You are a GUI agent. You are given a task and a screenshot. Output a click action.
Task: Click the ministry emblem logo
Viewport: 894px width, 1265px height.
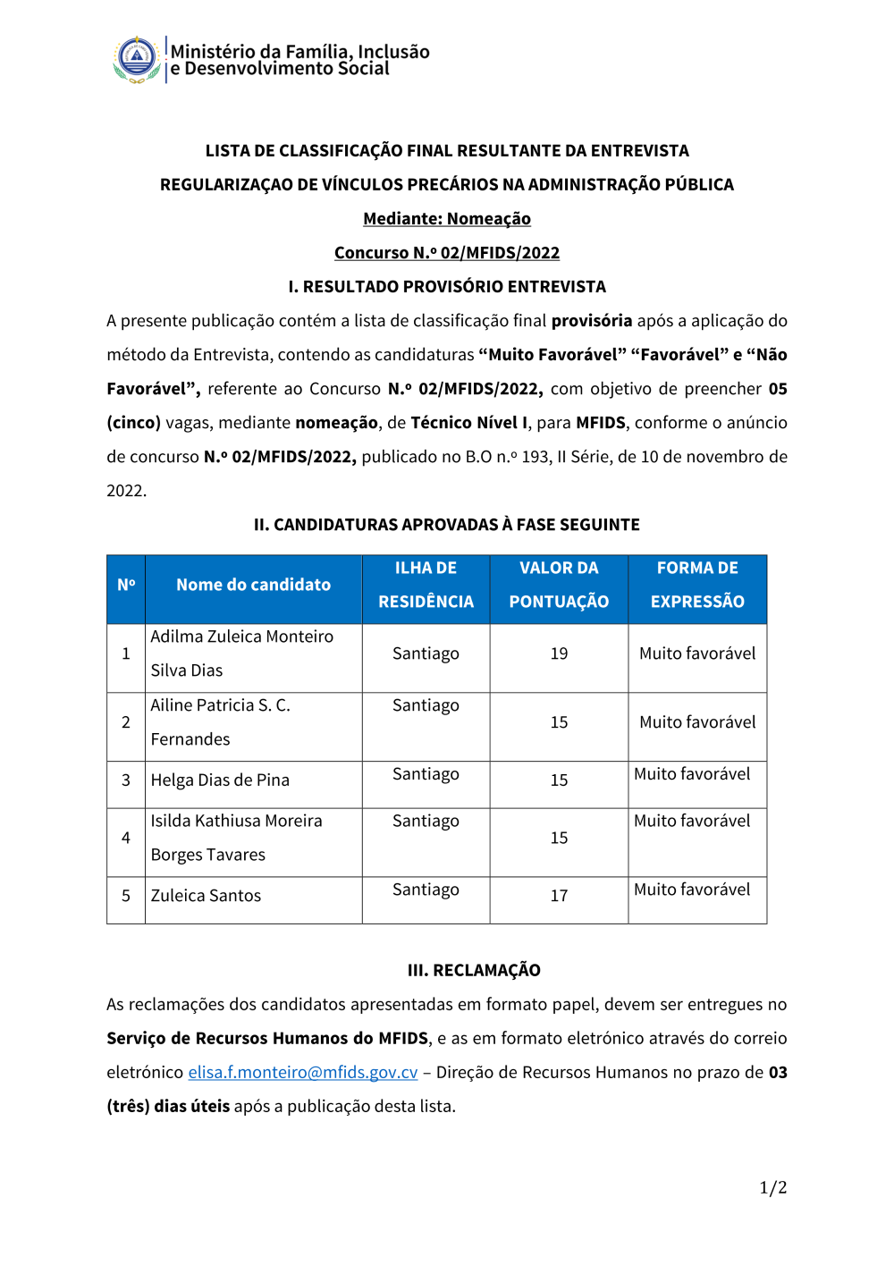137,60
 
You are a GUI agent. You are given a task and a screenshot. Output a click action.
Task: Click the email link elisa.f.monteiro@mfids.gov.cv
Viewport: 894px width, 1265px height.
302,1072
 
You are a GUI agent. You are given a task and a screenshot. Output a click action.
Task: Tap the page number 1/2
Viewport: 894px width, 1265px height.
772,1187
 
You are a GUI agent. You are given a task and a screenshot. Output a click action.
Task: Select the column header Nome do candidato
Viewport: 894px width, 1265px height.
253,585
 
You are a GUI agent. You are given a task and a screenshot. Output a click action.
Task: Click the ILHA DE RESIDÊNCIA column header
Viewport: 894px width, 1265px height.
426,585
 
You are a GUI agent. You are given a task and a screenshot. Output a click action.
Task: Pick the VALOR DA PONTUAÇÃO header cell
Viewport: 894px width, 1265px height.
559,585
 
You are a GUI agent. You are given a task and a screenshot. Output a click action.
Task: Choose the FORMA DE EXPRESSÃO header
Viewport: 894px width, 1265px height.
697,585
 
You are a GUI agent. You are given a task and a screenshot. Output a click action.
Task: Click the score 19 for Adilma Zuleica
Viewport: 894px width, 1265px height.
559,654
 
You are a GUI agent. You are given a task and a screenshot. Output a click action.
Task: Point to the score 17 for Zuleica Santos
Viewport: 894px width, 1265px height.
559,896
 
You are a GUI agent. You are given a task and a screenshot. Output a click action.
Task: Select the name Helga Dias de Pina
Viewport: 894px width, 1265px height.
220,780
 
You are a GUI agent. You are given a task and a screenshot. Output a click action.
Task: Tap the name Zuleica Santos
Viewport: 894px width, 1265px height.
206,896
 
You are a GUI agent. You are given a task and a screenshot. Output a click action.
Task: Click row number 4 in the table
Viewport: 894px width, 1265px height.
126,838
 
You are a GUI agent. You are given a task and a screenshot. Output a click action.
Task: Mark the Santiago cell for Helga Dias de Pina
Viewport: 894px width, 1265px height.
426,774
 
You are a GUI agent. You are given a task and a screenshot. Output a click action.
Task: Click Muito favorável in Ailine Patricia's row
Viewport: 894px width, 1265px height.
697,722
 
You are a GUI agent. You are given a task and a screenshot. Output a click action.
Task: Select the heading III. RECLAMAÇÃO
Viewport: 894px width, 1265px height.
474,970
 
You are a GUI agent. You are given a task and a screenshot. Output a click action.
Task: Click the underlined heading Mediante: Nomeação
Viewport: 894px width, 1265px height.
447,219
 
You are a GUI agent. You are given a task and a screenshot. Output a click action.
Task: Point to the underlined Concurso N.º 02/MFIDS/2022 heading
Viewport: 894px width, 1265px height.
447,253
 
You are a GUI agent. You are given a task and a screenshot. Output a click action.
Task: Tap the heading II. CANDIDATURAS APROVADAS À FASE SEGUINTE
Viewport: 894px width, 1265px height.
447,525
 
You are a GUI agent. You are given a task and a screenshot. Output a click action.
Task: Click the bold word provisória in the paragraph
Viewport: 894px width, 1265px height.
591,321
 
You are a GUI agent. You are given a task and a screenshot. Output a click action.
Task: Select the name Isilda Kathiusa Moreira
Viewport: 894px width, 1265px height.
236,821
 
